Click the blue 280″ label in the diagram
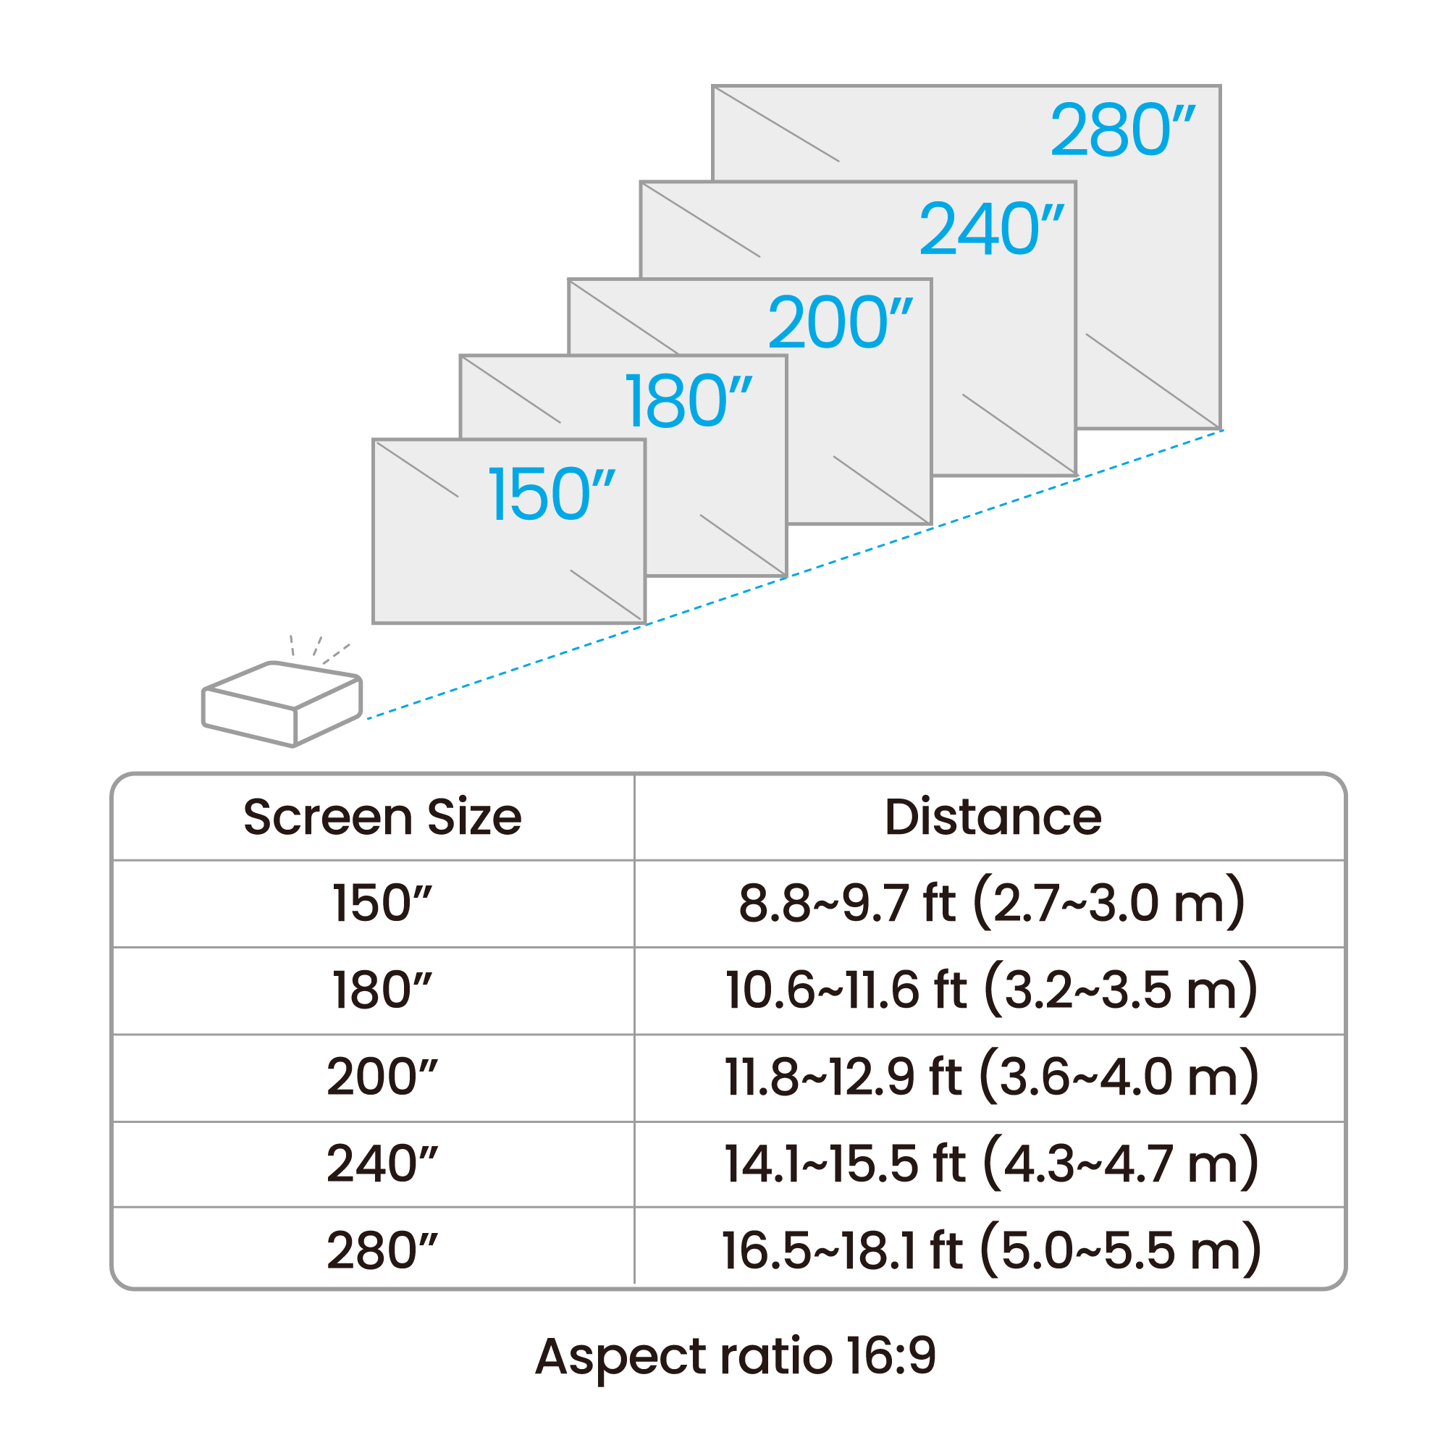tap(1122, 130)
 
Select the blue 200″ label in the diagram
tap(841, 322)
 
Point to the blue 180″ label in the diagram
tap(688, 402)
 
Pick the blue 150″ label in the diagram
tap(552, 494)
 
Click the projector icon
tap(282, 704)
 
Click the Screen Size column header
tap(382, 816)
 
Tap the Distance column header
tap(993, 816)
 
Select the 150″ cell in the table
tap(382, 902)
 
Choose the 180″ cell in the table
tap(382, 989)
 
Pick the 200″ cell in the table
tap(382, 1077)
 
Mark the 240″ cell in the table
tap(382, 1163)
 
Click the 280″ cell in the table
tap(382, 1250)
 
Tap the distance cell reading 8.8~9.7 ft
tap(992, 902)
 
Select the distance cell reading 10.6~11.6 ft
tap(992, 989)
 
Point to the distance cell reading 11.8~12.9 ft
tap(992, 1077)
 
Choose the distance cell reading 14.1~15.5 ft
tap(992, 1163)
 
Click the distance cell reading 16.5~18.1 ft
tap(992, 1250)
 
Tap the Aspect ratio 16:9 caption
tap(736, 1357)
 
